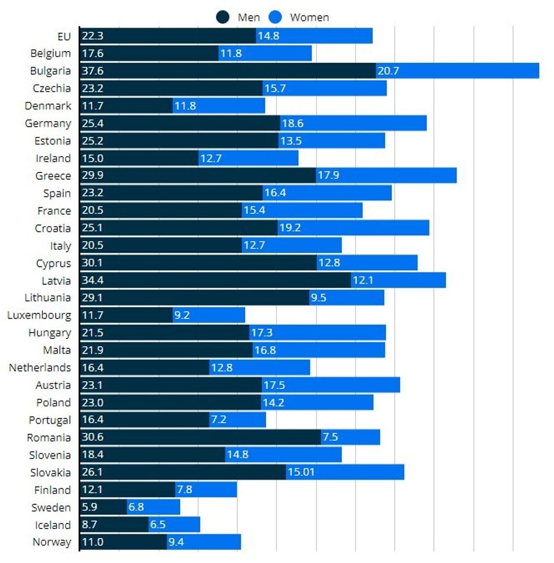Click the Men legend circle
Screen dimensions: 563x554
point(224,17)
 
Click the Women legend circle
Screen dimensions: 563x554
point(276,17)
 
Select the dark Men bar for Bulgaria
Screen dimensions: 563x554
point(227,71)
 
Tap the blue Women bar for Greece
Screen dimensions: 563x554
point(386,175)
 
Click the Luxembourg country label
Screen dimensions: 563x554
point(39,315)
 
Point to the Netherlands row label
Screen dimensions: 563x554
point(40,368)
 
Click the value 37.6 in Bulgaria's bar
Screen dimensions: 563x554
point(93,71)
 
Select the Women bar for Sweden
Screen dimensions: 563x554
point(153,508)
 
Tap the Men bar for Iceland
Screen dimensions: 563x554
point(114,525)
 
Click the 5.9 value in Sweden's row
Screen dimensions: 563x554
point(90,508)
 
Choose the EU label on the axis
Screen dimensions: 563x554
point(64,36)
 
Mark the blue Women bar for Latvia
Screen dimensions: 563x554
point(398,280)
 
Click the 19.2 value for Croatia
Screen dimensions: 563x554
point(289,228)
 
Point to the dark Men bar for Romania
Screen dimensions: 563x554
point(200,437)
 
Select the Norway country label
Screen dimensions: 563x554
point(52,542)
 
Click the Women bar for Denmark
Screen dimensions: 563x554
point(219,106)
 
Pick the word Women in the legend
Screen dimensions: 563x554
point(309,17)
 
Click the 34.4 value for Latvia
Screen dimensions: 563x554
point(93,280)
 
